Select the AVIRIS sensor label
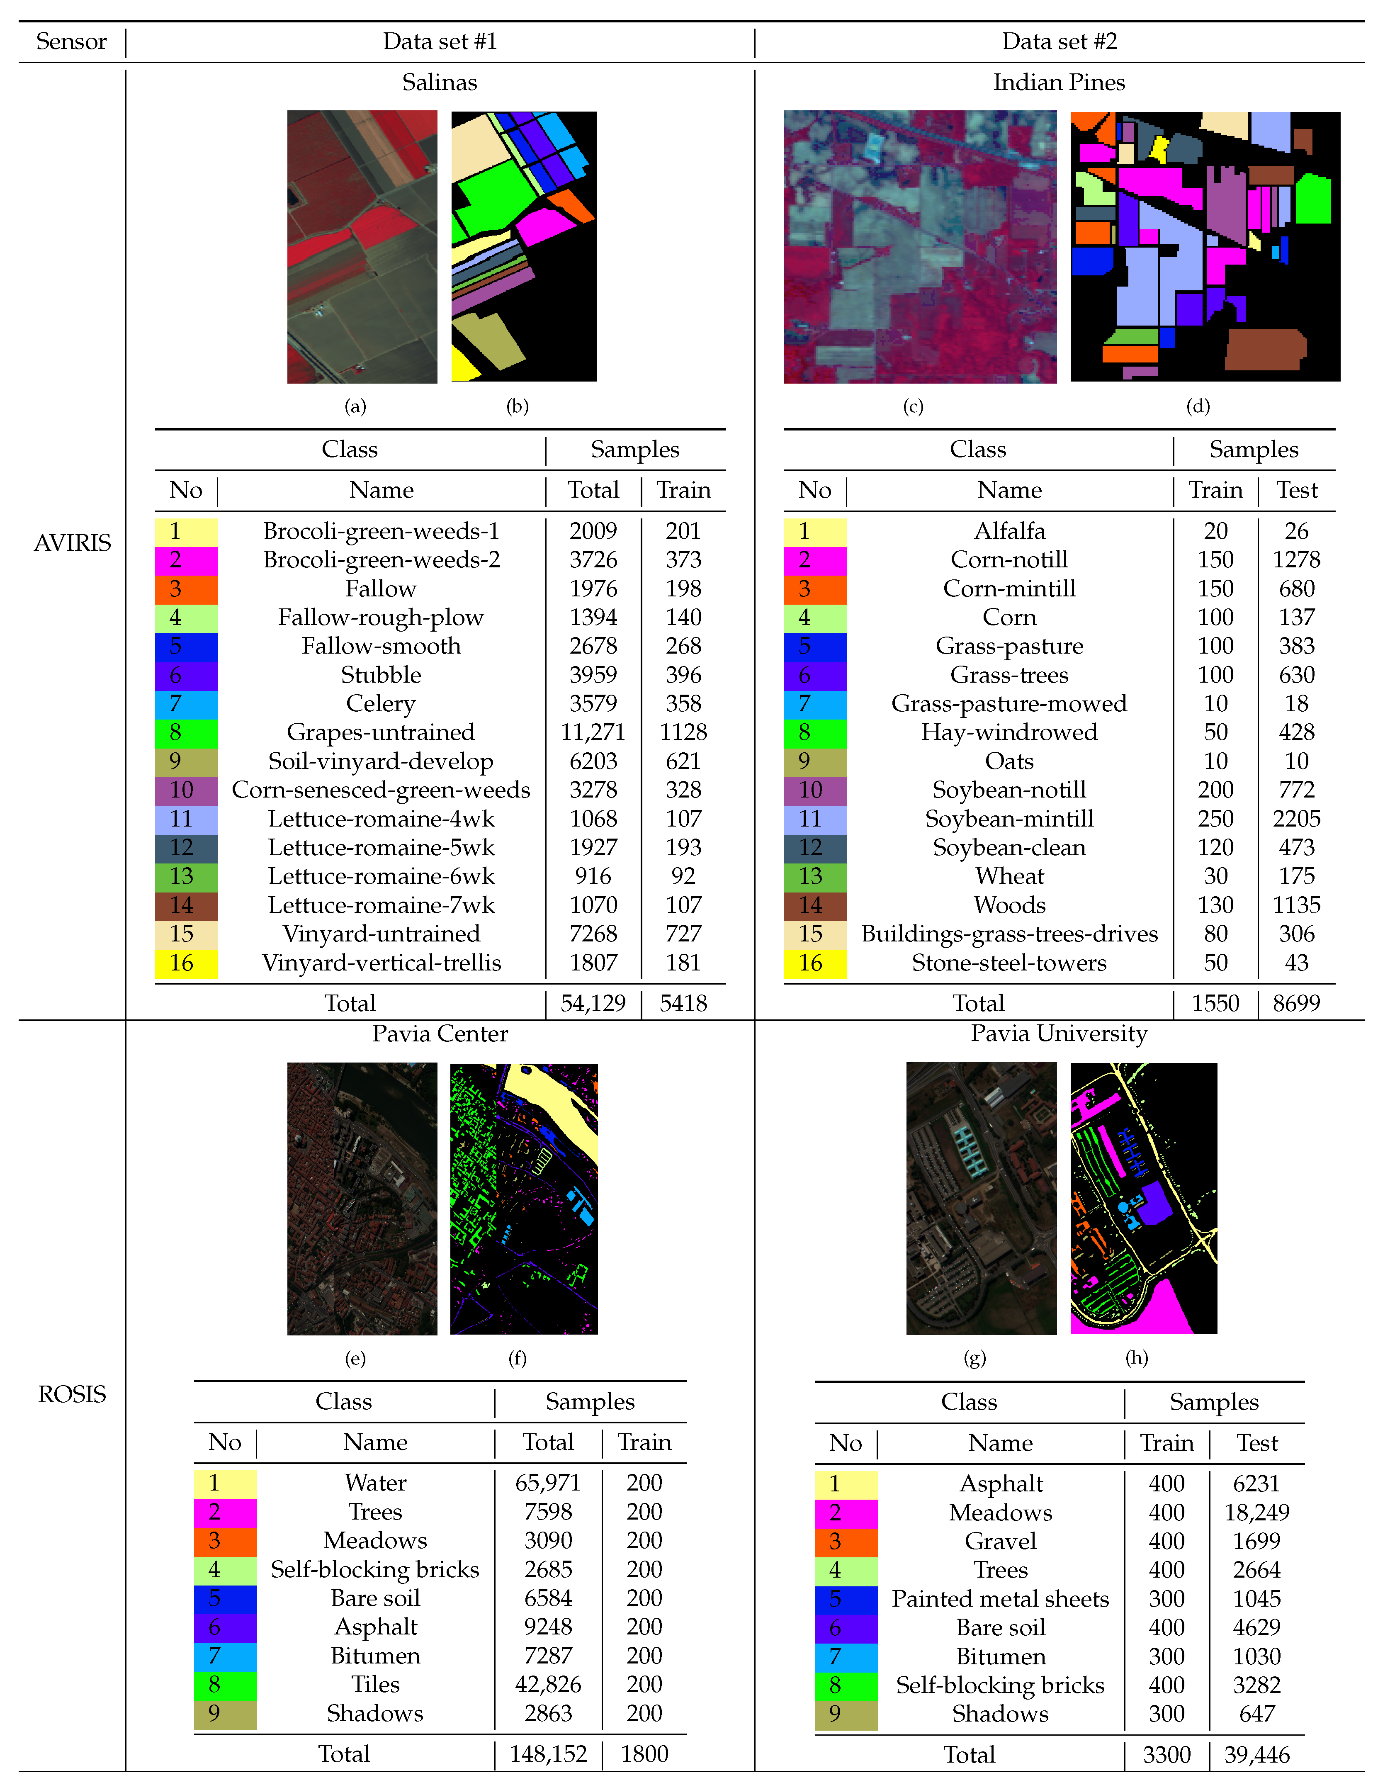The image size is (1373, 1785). click(72, 543)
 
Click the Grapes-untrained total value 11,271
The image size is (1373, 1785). click(593, 732)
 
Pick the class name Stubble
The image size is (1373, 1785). click(381, 675)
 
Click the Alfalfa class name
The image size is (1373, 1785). click(1009, 531)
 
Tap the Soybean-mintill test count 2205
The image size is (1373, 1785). click(1296, 819)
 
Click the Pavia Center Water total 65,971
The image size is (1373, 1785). click(547, 1483)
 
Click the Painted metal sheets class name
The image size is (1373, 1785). click(1000, 1599)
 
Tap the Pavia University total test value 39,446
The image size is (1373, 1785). click(1256, 1755)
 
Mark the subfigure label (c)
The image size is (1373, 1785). click(913, 406)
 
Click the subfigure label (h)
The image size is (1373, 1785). click(1137, 1357)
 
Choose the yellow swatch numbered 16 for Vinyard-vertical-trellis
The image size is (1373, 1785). click(186, 963)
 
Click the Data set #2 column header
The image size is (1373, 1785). click(1059, 42)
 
